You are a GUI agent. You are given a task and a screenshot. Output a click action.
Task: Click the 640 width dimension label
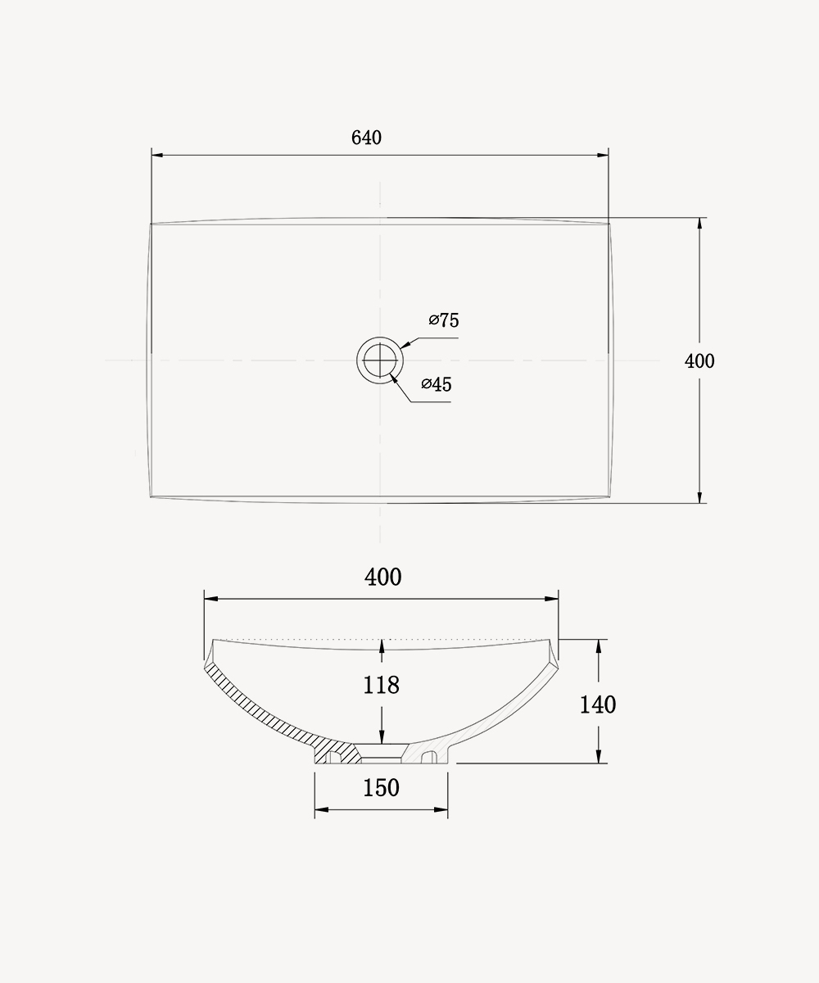[x=366, y=138]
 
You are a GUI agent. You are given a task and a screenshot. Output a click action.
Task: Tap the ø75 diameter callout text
[x=444, y=320]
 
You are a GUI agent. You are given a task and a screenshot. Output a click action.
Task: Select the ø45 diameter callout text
[x=437, y=384]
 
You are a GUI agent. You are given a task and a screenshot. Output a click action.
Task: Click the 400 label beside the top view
[x=699, y=361]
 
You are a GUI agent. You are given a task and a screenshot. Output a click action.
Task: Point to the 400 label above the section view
[x=382, y=577]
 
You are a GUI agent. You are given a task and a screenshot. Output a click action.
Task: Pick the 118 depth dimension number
[x=382, y=685]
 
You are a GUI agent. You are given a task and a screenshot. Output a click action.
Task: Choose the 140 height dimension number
[x=598, y=704]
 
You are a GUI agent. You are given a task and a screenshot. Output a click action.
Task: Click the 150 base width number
[x=382, y=787]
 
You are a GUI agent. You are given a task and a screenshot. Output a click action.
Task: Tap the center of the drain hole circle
[x=380, y=360]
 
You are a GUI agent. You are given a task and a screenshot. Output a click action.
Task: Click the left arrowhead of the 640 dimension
[x=158, y=155]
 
